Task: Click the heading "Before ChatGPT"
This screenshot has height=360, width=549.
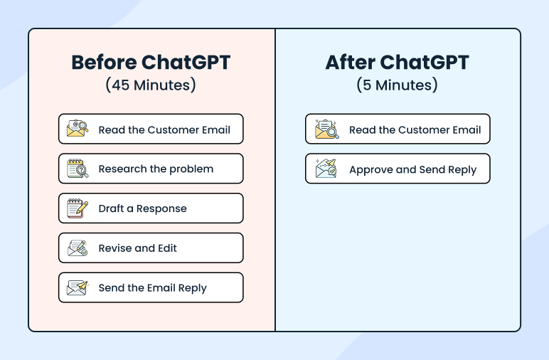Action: [x=151, y=63]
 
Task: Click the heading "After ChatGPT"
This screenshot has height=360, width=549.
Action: [x=397, y=63]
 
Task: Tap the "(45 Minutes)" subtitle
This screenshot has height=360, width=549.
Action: [x=151, y=85]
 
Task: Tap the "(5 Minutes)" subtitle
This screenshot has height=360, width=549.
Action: [x=397, y=85]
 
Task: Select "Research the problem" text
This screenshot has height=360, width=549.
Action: [x=156, y=169]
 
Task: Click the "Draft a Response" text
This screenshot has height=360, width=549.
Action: [x=142, y=208]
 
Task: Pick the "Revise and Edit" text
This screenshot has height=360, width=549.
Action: [x=137, y=248]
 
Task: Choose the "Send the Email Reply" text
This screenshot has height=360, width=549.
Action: [x=152, y=288]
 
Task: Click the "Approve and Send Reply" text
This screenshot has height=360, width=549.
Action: [x=412, y=170]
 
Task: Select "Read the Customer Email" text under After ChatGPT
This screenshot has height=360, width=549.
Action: [x=415, y=130]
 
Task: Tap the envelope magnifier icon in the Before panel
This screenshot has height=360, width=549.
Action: [x=78, y=129]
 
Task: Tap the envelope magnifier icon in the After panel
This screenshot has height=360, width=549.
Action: [x=326, y=129]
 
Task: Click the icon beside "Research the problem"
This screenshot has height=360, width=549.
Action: [x=78, y=169]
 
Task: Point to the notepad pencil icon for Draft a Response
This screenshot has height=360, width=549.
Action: [x=78, y=208]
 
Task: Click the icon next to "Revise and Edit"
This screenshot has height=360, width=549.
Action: [x=78, y=248]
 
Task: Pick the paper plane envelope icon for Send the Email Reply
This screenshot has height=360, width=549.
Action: [x=78, y=288]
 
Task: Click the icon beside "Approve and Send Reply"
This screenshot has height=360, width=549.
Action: [x=326, y=169]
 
